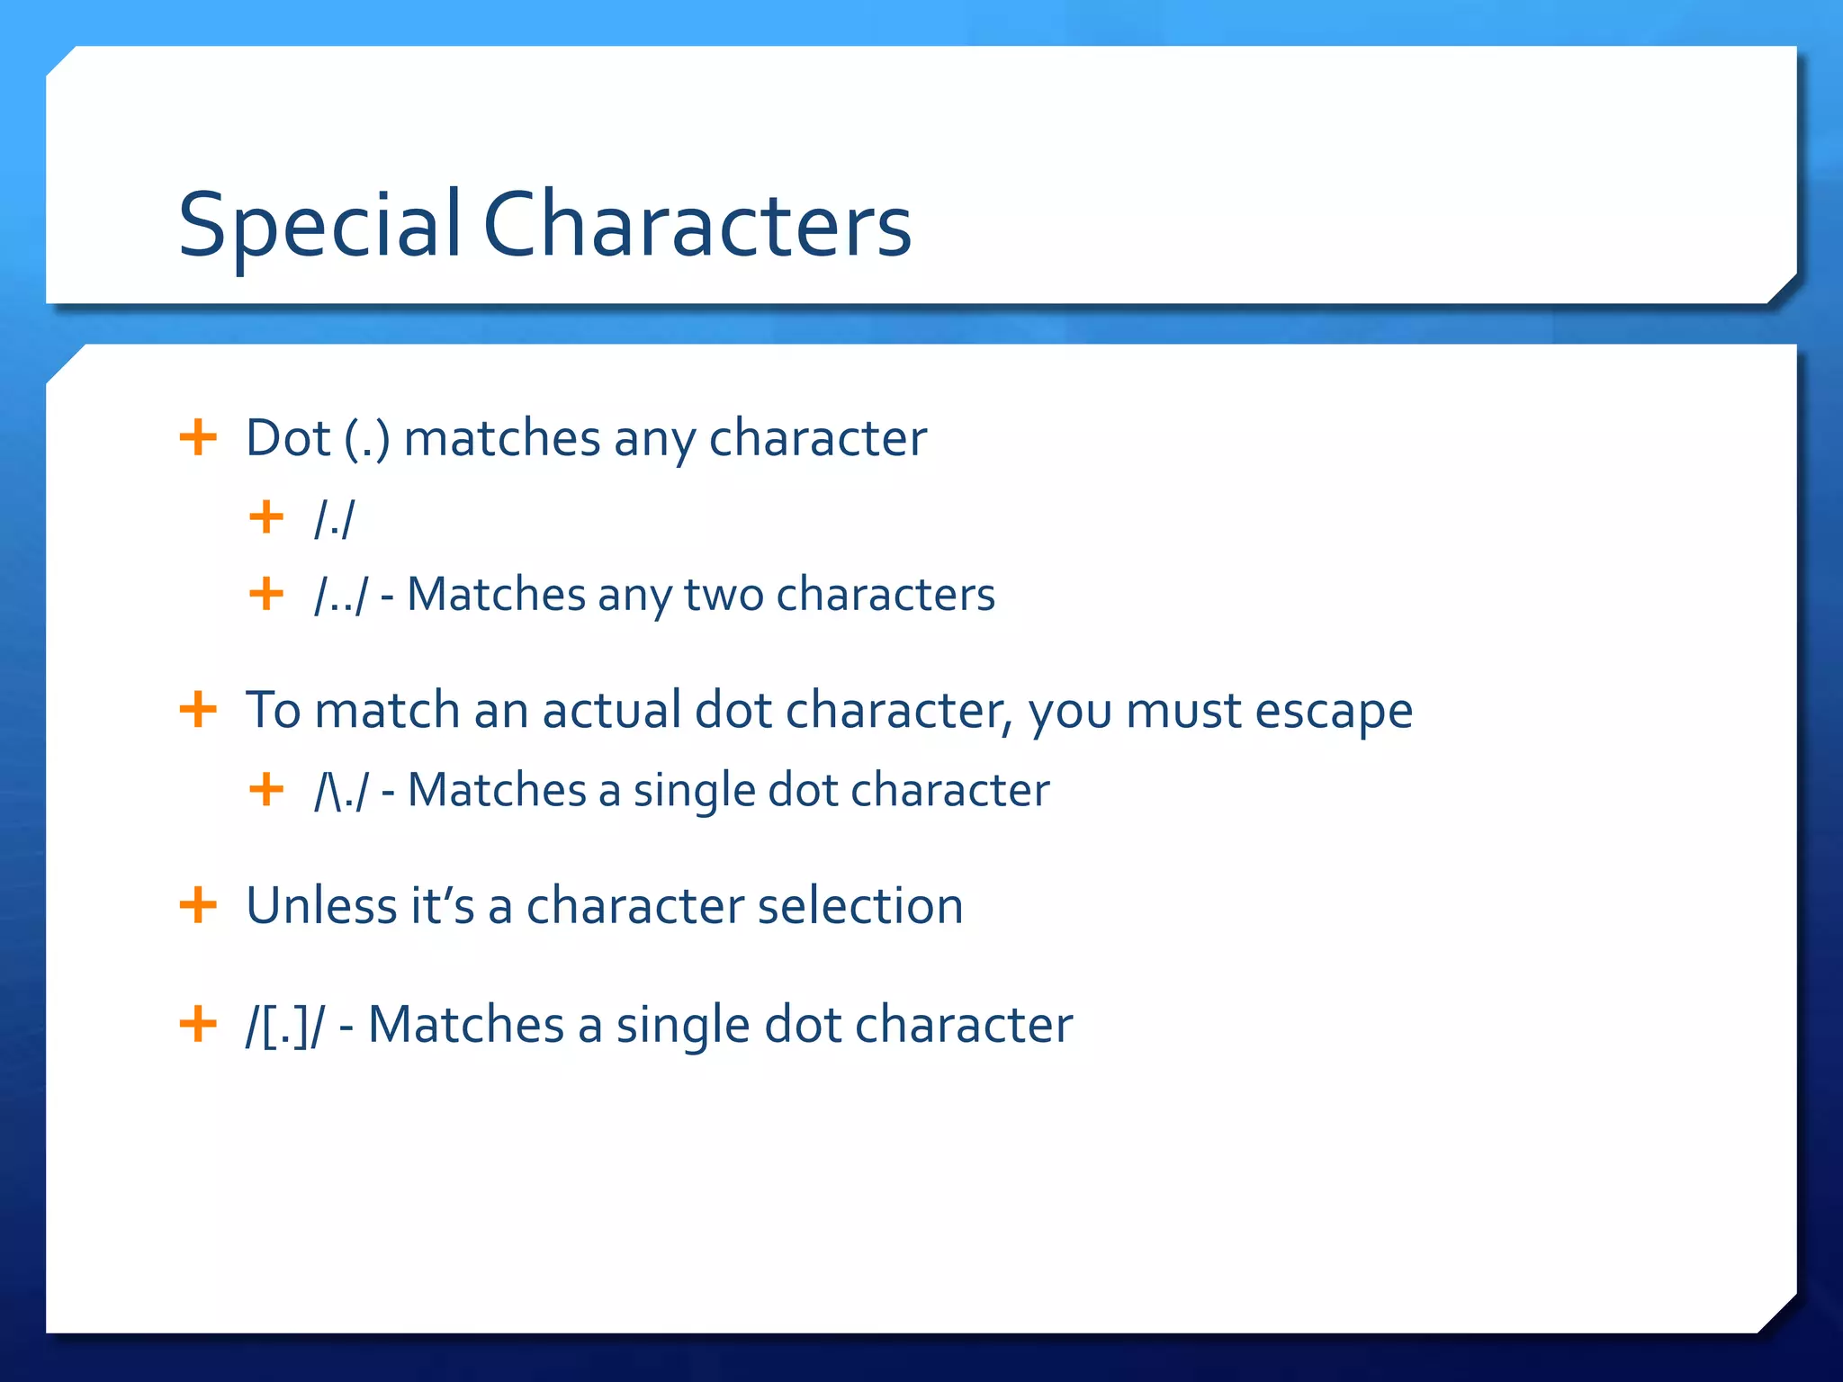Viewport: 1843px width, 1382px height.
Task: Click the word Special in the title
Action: point(319,225)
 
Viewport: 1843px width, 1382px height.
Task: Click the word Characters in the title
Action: point(697,225)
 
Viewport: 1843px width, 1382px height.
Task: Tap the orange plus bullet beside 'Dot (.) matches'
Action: point(198,438)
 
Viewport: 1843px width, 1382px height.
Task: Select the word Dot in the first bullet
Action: point(288,439)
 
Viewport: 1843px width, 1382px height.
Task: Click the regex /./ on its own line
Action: point(335,519)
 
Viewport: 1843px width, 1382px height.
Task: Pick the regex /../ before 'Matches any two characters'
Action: point(341,596)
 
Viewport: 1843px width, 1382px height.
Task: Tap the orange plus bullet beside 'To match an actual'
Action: point(198,709)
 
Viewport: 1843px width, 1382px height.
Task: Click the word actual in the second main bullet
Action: point(611,710)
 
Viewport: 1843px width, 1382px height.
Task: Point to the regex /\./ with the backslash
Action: point(341,791)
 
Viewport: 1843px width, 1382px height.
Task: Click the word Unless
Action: point(321,905)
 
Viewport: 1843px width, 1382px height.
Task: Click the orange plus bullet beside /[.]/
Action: point(198,1024)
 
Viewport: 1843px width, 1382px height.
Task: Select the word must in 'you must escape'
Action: point(1183,711)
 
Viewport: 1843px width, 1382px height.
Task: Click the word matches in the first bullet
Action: point(501,439)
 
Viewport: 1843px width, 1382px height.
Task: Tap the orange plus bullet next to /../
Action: point(266,594)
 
